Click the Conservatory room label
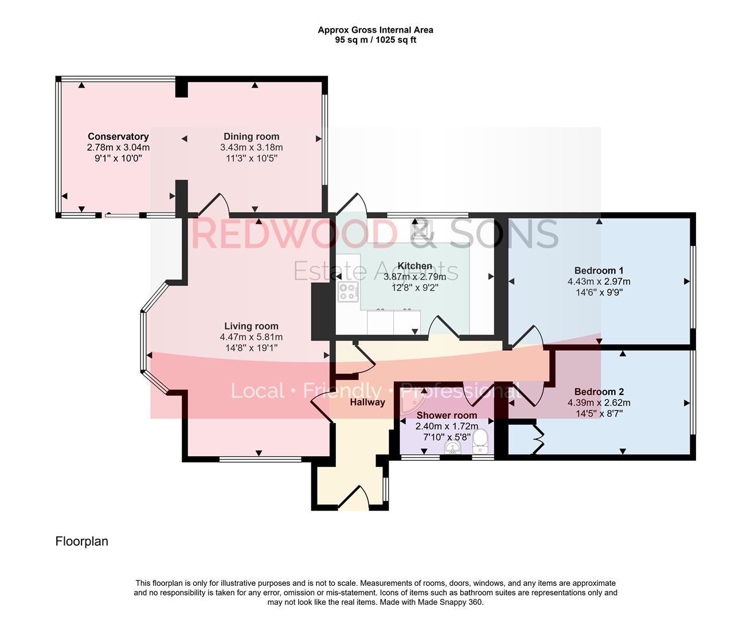118,136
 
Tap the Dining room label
251,136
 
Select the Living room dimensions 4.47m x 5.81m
251,337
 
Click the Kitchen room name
414,266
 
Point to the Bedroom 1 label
599,271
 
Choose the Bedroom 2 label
599,392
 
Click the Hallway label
367,402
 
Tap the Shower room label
447,416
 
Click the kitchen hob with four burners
348,292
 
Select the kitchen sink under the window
421,230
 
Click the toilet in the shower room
480,440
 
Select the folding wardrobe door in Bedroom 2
537,438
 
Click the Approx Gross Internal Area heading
375,30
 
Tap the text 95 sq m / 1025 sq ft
375,40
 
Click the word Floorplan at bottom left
81,541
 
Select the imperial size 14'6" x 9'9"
599,292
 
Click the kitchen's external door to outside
351,204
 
